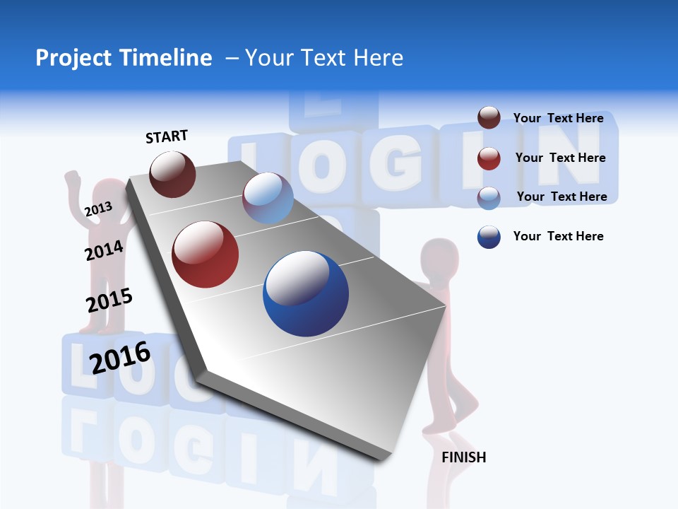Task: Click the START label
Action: pos(167,136)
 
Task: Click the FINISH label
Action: pos(463,457)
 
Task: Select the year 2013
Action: pos(98,209)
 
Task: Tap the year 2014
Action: pos(104,250)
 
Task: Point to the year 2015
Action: pos(109,300)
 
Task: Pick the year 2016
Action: pos(120,357)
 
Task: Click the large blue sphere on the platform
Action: pos(306,293)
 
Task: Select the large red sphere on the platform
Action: pos(206,255)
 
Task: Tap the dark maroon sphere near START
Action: pos(173,174)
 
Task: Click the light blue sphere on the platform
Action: pos(268,198)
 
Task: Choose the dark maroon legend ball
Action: pos(489,118)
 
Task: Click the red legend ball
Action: pos(489,158)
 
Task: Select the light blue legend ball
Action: pos(489,197)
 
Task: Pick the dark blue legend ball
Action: pos(489,237)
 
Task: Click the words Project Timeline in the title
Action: pos(124,58)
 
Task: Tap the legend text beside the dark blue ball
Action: pos(558,236)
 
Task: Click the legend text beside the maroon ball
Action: pos(558,118)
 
